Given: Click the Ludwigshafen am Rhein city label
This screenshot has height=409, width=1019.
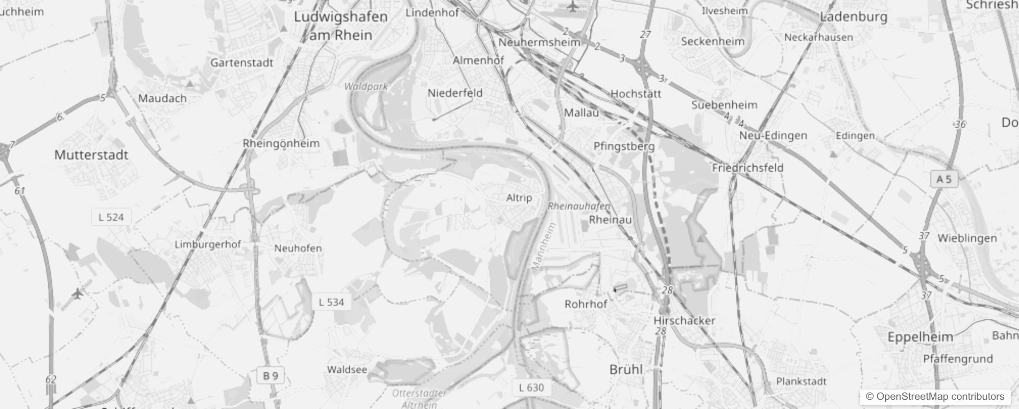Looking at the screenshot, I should coord(341,26).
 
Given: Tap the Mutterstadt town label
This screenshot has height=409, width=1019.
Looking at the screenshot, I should coord(91,155).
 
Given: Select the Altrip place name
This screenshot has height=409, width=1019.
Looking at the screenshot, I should coord(519,198).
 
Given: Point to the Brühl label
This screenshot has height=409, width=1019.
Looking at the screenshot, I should coord(626,369).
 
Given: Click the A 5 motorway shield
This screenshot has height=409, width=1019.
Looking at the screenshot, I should coord(944,179).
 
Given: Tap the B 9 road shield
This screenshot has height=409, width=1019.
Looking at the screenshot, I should coord(270,376).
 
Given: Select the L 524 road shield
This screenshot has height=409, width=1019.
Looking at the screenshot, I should coord(111,217).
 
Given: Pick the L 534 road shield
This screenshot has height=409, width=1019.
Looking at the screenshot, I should coord(331,302).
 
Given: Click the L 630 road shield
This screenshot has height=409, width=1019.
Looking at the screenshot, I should coord(531,388).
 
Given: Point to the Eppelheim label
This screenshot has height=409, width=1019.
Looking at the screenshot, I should coord(920,337).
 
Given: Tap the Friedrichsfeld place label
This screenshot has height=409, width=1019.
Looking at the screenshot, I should coord(747,168).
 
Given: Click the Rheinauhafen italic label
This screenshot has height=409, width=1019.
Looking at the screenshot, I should coord(579,207).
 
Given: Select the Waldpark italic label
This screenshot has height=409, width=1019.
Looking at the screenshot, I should coord(366,86).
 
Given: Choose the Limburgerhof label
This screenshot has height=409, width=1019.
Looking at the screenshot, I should coord(207,244).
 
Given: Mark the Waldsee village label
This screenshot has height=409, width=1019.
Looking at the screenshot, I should coord(347,370).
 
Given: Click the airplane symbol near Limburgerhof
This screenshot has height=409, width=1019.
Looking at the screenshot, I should coord(78,294).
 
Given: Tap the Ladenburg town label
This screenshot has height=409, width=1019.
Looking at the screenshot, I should coord(854,17).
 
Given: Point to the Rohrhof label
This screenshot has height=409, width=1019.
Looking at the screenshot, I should coord(586,304).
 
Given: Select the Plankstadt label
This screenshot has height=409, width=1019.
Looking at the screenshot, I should coord(801,381).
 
